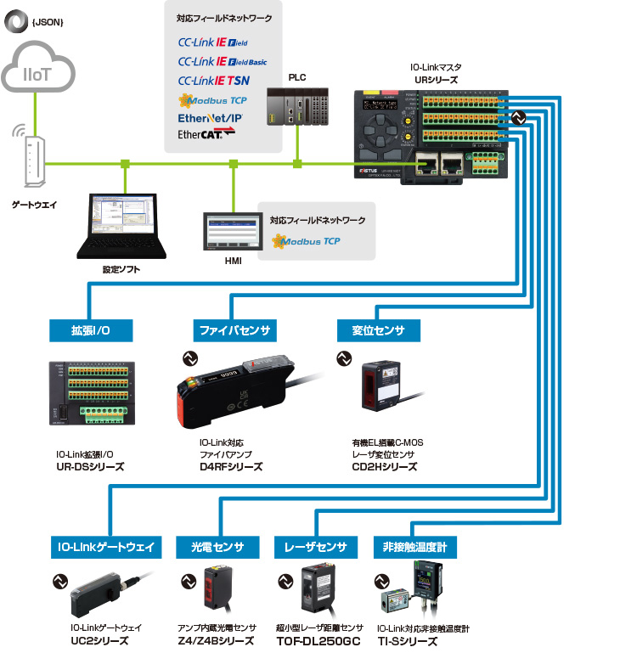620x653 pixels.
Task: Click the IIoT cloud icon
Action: click(35, 71)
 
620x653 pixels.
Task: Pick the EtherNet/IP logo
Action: click(209, 118)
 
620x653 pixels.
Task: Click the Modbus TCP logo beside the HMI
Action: click(307, 241)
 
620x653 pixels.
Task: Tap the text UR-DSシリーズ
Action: click(90, 466)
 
